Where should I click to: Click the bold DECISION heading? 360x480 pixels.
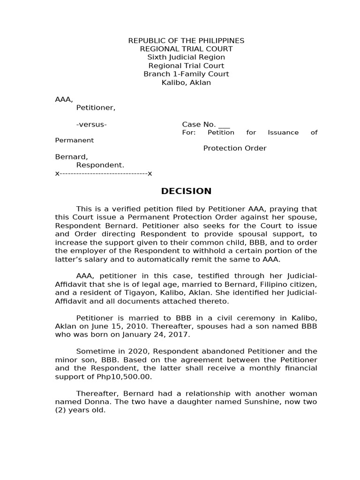pos(186,191)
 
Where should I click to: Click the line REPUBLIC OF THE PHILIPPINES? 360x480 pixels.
pos(186,41)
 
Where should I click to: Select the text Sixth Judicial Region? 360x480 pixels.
pos(186,57)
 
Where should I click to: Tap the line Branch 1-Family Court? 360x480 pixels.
pos(186,74)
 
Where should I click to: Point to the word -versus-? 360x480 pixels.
pos(91,124)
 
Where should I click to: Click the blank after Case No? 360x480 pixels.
pos(224,125)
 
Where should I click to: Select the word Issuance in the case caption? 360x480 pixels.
pos(283,133)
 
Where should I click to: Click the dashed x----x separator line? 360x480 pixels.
pos(104,173)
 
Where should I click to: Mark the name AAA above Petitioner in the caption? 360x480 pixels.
pos(63,99)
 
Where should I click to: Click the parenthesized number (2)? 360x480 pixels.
pos(61,410)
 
